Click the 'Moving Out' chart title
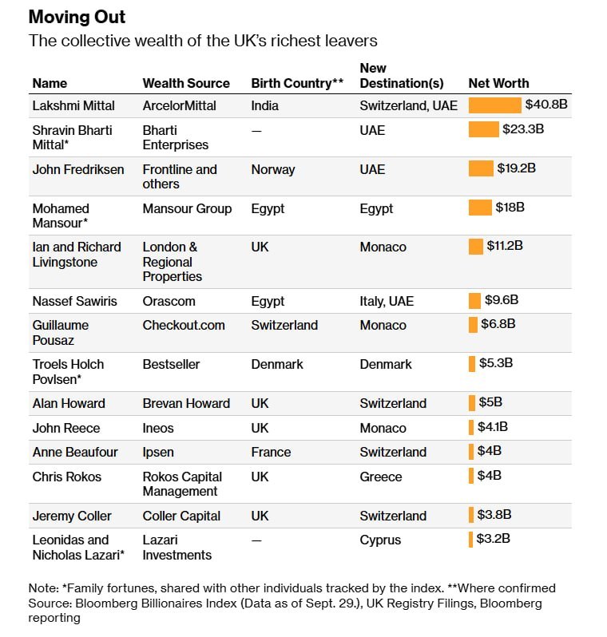point(77,17)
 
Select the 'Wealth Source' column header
point(186,83)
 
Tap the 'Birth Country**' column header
point(297,83)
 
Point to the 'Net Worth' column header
point(499,83)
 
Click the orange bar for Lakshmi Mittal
point(495,105)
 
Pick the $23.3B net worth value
point(523,129)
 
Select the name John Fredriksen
point(78,169)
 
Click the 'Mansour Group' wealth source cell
point(187,209)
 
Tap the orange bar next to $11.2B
point(476,247)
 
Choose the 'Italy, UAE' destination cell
point(387,302)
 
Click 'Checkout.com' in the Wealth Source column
point(184,326)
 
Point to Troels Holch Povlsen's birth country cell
point(277,365)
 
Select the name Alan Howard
point(69,403)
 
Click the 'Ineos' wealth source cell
point(158,428)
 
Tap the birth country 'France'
point(271,452)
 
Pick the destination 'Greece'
point(381,477)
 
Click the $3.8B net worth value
point(494,515)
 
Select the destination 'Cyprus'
point(380,540)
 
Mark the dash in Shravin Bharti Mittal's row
point(256,131)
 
